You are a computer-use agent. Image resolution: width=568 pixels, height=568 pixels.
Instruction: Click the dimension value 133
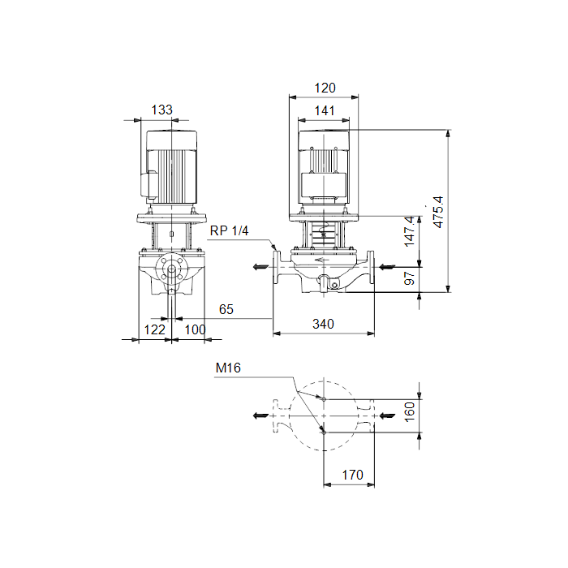click(161, 110)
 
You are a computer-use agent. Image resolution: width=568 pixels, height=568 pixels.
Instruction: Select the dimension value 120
click(325, 88)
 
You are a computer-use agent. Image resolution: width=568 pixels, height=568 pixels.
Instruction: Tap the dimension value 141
click(325, 111)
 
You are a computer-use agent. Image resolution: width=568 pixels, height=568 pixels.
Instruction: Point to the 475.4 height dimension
click(438, 213)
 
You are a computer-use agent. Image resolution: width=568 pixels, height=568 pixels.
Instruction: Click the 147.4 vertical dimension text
click(409, 232)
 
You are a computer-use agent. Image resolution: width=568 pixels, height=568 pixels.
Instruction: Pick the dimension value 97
click(409, 278)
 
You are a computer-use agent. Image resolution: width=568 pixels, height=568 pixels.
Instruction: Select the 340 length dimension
click(323, 324)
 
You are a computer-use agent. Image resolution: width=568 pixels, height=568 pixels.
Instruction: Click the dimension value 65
click(226, 309)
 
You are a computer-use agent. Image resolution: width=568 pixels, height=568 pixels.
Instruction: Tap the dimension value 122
click(155, 329)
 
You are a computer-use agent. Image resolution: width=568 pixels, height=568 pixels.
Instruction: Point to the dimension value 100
click(195, 329)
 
